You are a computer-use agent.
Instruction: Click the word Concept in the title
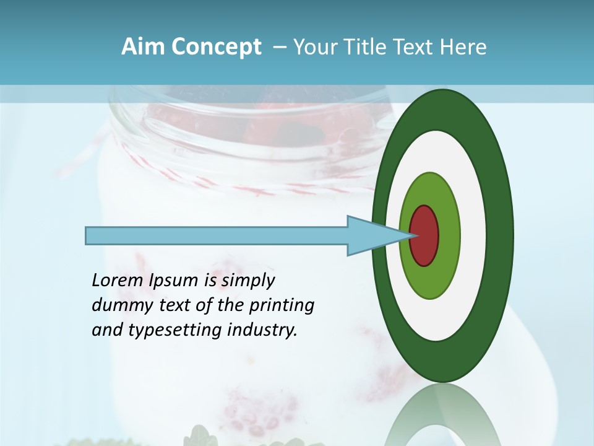pyautogui.click(x=216, y=47)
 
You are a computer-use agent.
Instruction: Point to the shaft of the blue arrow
pyautogui.click(x=217, y=236)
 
